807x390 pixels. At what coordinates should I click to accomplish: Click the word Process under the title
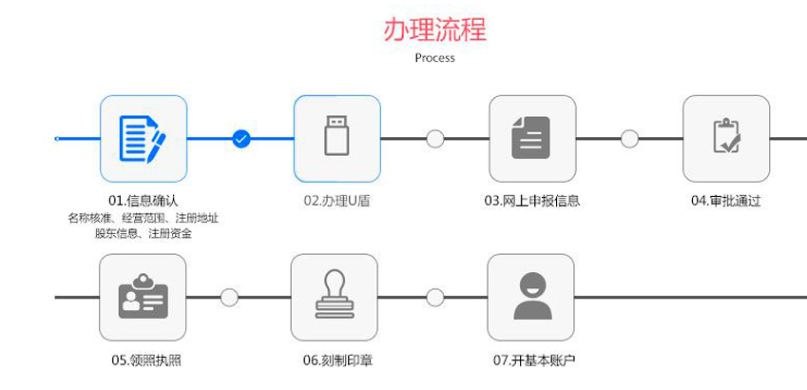434,57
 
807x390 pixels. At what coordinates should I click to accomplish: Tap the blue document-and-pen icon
144,139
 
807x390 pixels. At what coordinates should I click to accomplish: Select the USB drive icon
337,139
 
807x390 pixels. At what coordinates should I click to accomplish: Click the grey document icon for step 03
531,139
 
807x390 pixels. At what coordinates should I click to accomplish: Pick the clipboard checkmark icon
726,139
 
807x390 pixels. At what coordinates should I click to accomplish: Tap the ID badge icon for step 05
144,298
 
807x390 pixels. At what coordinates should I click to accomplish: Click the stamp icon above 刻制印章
337,298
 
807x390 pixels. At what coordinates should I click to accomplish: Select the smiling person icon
531,298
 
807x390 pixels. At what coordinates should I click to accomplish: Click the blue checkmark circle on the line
241,139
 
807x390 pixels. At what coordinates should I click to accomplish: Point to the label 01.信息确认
144,201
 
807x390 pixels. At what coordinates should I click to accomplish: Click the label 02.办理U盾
336,201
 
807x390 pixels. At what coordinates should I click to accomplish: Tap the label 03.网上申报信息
531,201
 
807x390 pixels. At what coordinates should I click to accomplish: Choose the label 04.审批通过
726,201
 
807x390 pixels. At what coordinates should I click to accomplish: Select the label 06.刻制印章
336,361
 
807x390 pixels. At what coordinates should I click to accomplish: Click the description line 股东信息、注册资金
144,233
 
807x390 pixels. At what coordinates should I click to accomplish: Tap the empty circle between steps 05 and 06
229,298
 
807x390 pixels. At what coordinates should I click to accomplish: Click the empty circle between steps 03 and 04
629,139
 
